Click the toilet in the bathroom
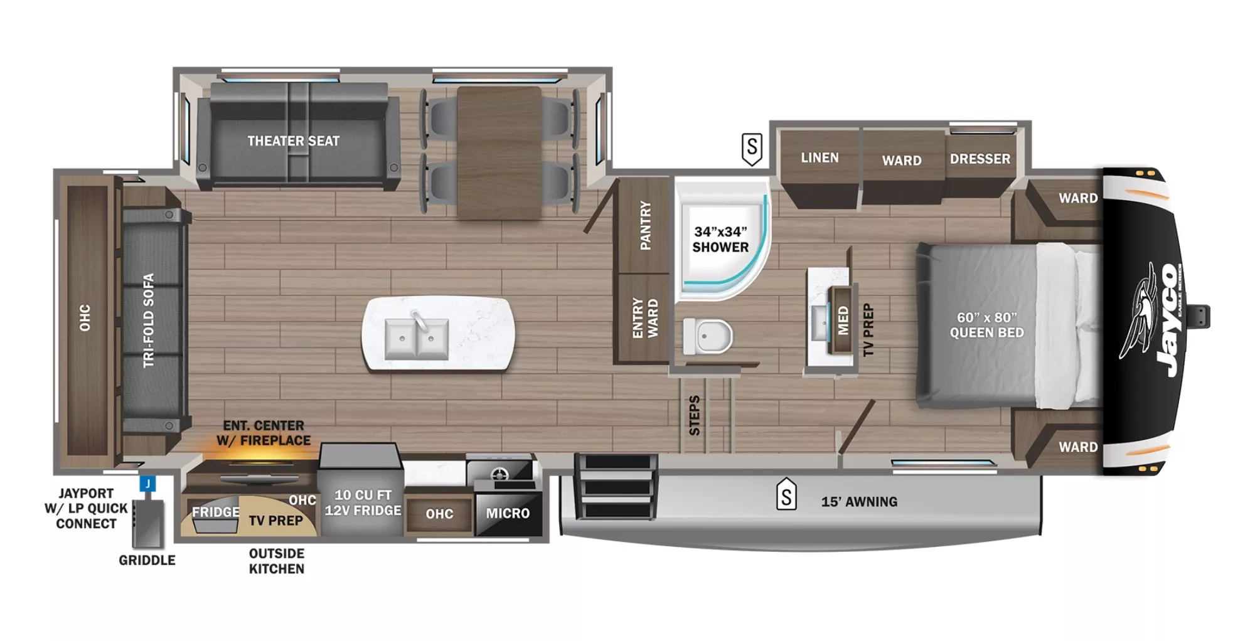pyautogui.click(x=708, y=336)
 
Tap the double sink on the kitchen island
pyautogui.click(x=416, y=339)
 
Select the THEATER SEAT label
pyautogui.click(x=293, y=141)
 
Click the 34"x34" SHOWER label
pyautogui.click(x=720, y=240)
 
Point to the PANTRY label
pyautogui.click(x=645, y=226)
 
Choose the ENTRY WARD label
pyautogui.click(x=645, y=318)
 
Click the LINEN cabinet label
pyautogui.click(x=820, y=157)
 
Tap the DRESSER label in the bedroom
pyautogui.click(x=980, y=159)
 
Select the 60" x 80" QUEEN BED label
pyautogui.click(x=986, y=325)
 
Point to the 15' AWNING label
pyautogui.click(x=859, y=502)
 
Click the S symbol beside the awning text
pyautogui.click(x=786, y=496)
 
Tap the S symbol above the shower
pyautogui.click(x=752, y=149)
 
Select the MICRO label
pyautogui.click(x=508, y=513)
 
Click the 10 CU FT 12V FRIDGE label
pyautogui.click(x=363, y=502)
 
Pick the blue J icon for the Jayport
pyautogui.click(x=147, y=484)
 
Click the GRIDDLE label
pyautogui.click(x=147, y=560)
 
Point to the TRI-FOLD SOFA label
pyautogui.click(x=148, y=320)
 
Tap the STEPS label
pyautogui.click(x=694, y=415)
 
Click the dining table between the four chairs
pyautogui.click(x=499, y=152)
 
